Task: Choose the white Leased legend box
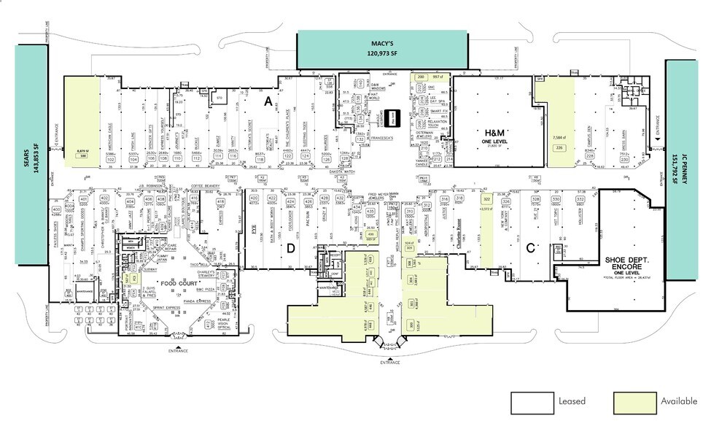point(531,401)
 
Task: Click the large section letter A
point(268,101)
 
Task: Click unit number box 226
point(560,148)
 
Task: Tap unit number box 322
point(486,198)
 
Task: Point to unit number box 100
point(82,156)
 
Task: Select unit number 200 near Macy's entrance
point(421,77)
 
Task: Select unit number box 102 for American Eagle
point(112,158)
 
